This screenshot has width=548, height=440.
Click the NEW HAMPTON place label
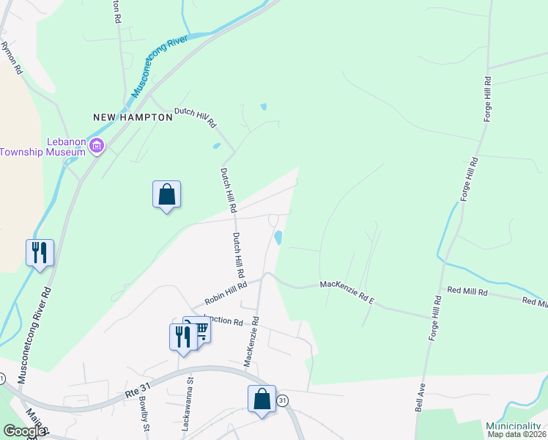122,117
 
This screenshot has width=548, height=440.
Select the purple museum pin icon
96,147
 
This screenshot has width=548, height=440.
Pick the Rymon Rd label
12,58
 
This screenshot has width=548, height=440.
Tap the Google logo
24,431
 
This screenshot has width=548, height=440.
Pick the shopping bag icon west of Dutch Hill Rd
166,194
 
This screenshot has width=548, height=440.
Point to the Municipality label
515,426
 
